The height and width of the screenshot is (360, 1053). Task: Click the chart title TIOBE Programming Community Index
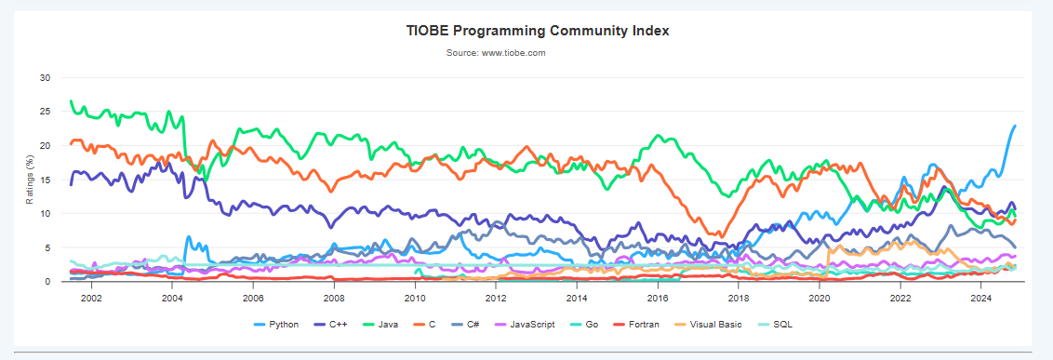click(538, 31)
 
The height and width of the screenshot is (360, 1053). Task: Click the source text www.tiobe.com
click(495, 53)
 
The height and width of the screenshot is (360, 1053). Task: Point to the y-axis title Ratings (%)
click(30, 180)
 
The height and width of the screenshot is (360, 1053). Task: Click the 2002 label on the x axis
click(91, 298)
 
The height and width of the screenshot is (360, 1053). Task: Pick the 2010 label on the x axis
click(415, 298)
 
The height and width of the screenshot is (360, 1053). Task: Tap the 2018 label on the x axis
click(739, 298)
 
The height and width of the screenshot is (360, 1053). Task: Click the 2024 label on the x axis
click(981, 298)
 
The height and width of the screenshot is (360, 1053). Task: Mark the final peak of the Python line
click(1014, 126)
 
